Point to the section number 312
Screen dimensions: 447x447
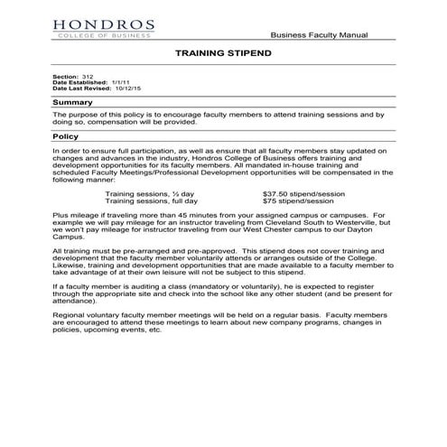[x=88, y=78]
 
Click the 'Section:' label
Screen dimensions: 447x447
[x=65, y=78]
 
